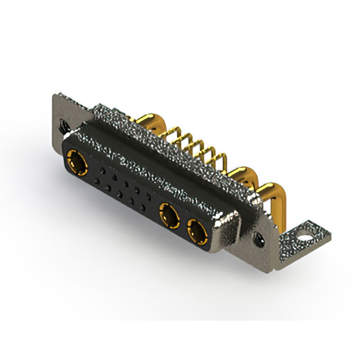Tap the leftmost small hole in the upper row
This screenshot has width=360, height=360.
tap(102, 168)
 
